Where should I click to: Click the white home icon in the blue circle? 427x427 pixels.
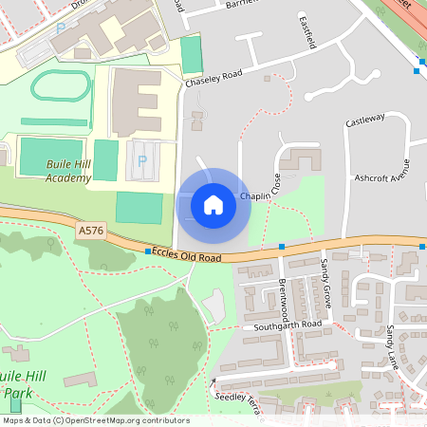tap(213, 204)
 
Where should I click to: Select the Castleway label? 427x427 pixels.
tap(365, 120)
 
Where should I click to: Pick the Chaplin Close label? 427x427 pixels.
tap(262, 195)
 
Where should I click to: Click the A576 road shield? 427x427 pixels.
tap(92, 231)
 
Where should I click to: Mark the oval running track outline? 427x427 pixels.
tap(61, 88)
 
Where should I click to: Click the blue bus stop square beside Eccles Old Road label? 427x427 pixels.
tap(148, 251)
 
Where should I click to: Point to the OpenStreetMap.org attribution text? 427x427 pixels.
tap(123, 420)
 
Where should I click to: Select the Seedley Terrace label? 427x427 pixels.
tap(237, 397)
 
